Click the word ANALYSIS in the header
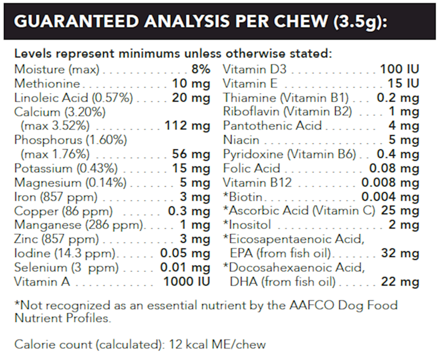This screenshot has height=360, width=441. [170, 22]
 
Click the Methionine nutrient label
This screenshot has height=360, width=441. [48, 83]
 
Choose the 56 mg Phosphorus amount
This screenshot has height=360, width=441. [191, 154]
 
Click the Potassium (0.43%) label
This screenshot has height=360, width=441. [66, 168]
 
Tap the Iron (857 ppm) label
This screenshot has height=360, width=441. [56, 197]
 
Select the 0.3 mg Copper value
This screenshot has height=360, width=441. [189, 211]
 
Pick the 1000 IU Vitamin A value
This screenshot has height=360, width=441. [187, 282]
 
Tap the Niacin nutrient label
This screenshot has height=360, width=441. [241, 140]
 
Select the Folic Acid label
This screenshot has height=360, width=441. [252, 168]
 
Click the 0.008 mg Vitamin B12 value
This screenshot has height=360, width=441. [390, 182]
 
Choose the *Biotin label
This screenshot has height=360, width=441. [243, 197]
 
